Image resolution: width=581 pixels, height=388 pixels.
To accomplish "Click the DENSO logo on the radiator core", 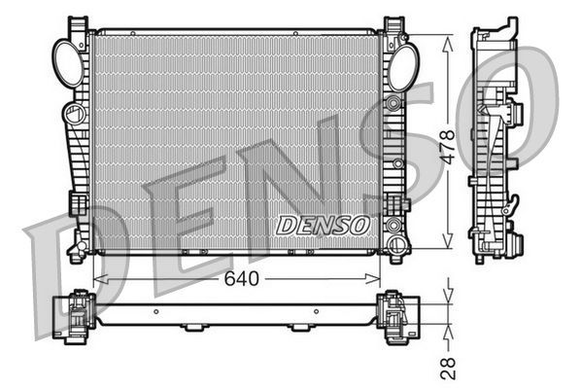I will [324, 225].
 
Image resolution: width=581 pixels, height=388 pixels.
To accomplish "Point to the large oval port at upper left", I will [67, 62].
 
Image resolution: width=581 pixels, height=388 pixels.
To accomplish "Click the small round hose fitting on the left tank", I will [71, 115].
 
